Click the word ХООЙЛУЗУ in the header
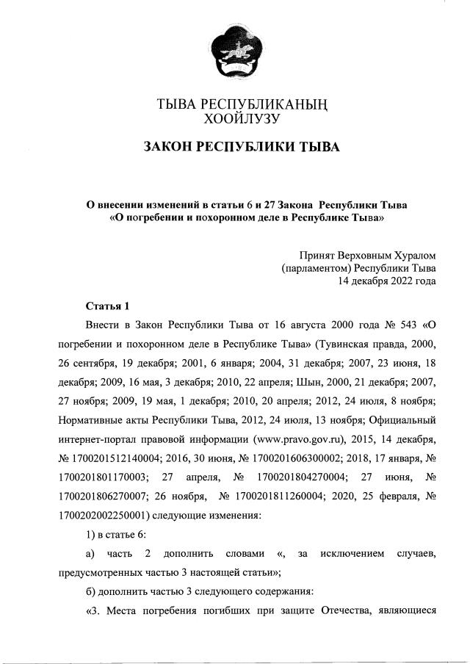(242, 117)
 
